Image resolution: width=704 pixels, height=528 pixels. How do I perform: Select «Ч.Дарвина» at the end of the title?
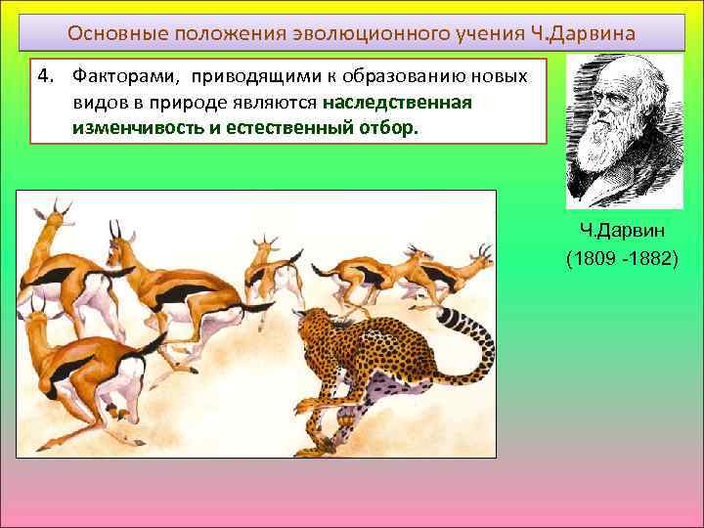pos(590,34)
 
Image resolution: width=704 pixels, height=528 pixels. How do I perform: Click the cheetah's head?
pos(318,328)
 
